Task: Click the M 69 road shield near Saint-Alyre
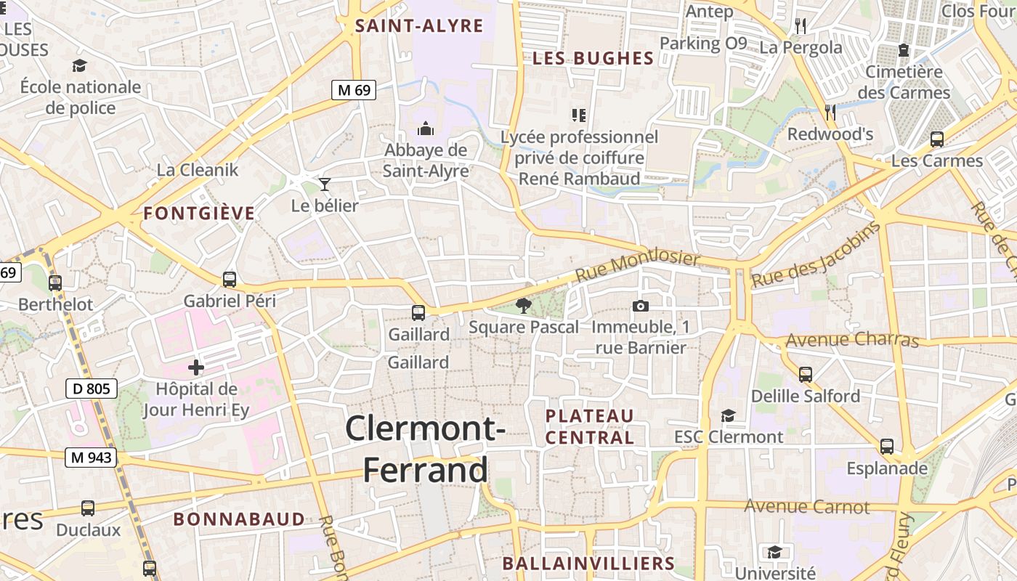pyautogui.click(x=354, y=90)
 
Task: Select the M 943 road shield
pyautogui.click(x=92, y=458)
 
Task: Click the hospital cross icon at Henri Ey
pyautogui.click(x=196, y=367)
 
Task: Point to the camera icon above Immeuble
pyautogui.click(x=640, y=306)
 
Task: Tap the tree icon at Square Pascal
pyautogui.click(x=523, y=305)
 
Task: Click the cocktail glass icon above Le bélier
pyautogui.click(x=325, y=184)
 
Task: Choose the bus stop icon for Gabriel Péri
pyautogui.click(x=230, y=279)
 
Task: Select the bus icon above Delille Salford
pyautogui.click(x=805, y=375)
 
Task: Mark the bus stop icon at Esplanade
pyautogui.click(x=887, y=447)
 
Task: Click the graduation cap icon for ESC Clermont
pyautogui.click(x=728, y=415)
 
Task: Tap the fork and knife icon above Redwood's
pyautogui.click(x=830, y=112)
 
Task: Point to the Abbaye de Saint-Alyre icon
pyautogui.click(x=426, y=129)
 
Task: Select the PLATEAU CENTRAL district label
pyautogui.click(x=590, y=426)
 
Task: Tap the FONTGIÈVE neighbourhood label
pyautogui.click(x=199, y=214)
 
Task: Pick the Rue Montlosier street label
pyautogui.click(x=638, y=267)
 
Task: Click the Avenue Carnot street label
pyautogui.click(x=806, y=506)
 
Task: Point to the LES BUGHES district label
pyautogui.click(x=593, y=59)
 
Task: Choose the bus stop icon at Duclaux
pyautogui.click(x=88, y=508)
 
